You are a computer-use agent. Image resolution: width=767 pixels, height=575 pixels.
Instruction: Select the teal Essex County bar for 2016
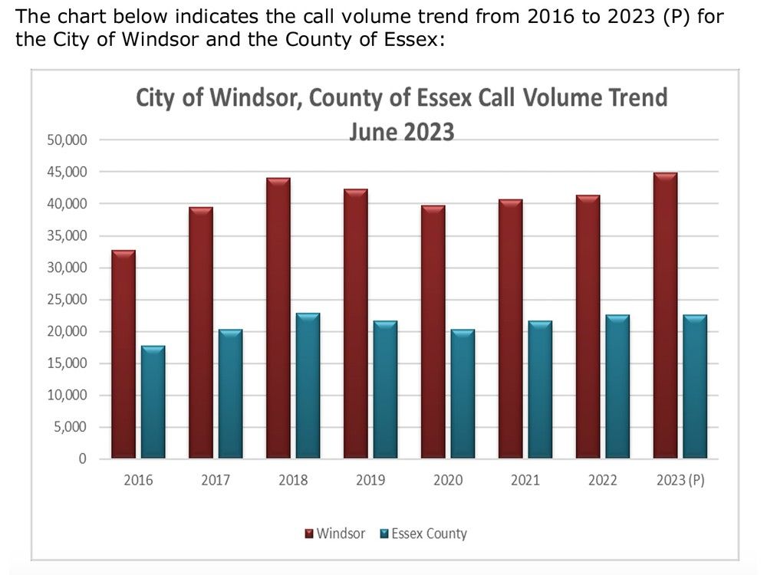click(153, 402)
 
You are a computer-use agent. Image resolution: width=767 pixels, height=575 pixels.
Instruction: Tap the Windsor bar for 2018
click(278, 318)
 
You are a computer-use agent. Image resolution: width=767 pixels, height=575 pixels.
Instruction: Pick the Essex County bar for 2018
click(308, 386)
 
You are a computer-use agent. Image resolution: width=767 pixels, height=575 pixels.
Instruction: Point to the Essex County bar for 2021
click(539, 389)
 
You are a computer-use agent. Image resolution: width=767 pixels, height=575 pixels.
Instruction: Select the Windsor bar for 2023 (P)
click(665, 316)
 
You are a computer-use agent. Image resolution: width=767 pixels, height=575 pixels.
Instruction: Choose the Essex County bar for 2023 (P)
click(694, 386)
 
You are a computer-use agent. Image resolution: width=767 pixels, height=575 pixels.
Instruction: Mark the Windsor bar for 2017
click(201, 333)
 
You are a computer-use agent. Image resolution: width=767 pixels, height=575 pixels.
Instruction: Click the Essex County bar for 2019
click(385, 389)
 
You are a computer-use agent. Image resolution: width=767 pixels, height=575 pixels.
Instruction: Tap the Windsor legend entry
click(335, 534)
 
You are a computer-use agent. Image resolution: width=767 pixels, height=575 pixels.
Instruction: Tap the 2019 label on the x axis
click(370, 481)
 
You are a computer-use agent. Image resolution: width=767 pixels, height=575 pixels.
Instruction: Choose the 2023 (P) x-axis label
click(680, 481)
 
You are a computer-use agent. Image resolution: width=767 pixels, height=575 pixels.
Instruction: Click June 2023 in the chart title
click(401, 132)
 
